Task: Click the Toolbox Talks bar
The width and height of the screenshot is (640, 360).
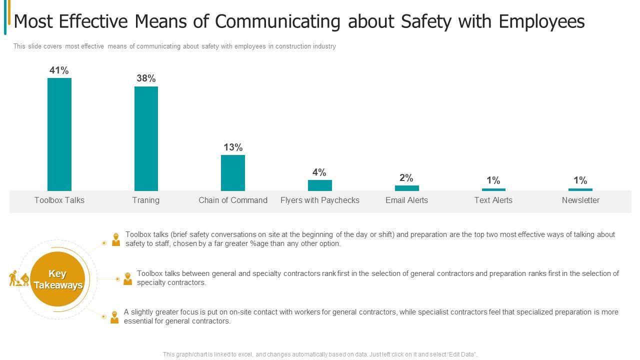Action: coord(59,134)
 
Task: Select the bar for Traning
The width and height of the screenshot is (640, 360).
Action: coord(146,138)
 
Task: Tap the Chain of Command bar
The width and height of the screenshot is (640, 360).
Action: coord(233,172)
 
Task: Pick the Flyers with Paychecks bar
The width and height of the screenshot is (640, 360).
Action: coord(320,185)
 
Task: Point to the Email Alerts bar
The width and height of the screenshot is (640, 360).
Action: coord(406,188)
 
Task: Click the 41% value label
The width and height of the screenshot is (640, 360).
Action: coord(59,70)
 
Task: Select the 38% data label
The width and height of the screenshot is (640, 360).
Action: coord(146,78)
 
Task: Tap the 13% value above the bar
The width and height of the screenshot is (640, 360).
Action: coord(233,147)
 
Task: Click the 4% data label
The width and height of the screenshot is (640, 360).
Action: coord(319,172)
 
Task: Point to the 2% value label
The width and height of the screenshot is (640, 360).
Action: coord(406,178)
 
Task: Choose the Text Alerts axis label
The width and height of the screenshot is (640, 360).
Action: coord(493,200)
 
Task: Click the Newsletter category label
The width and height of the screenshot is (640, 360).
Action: coord(580,200)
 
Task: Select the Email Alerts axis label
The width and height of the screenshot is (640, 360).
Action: coord(406,200)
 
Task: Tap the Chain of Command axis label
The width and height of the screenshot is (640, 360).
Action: coord(233,200)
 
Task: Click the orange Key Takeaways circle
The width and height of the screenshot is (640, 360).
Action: coord(58,279)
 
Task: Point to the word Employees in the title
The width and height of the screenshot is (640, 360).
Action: coord(542,22)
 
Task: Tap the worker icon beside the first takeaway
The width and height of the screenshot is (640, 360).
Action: coord(116,239)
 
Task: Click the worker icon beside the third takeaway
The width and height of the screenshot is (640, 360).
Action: coord(114,317)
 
